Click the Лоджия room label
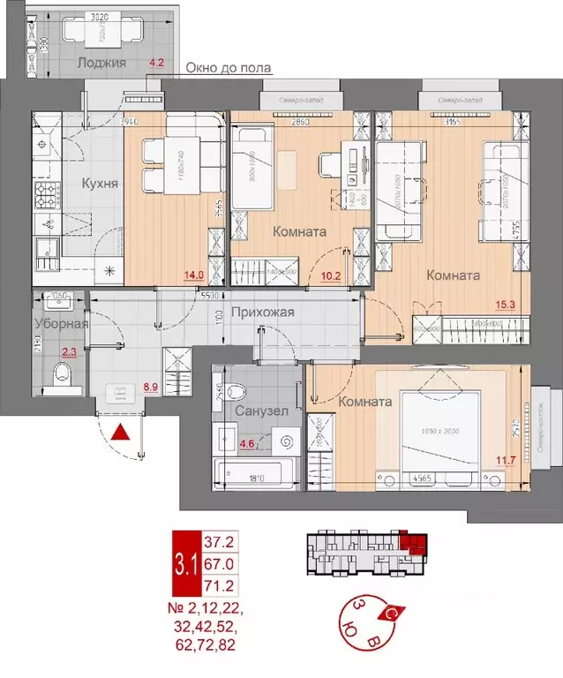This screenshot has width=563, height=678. point(101,63)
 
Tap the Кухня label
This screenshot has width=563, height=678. point(101,184)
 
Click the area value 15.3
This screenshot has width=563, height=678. point(507,305)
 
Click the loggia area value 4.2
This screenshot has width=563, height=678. point(158,63)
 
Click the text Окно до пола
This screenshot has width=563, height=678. point(229,69)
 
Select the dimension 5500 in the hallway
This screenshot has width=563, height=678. point(209,300)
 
